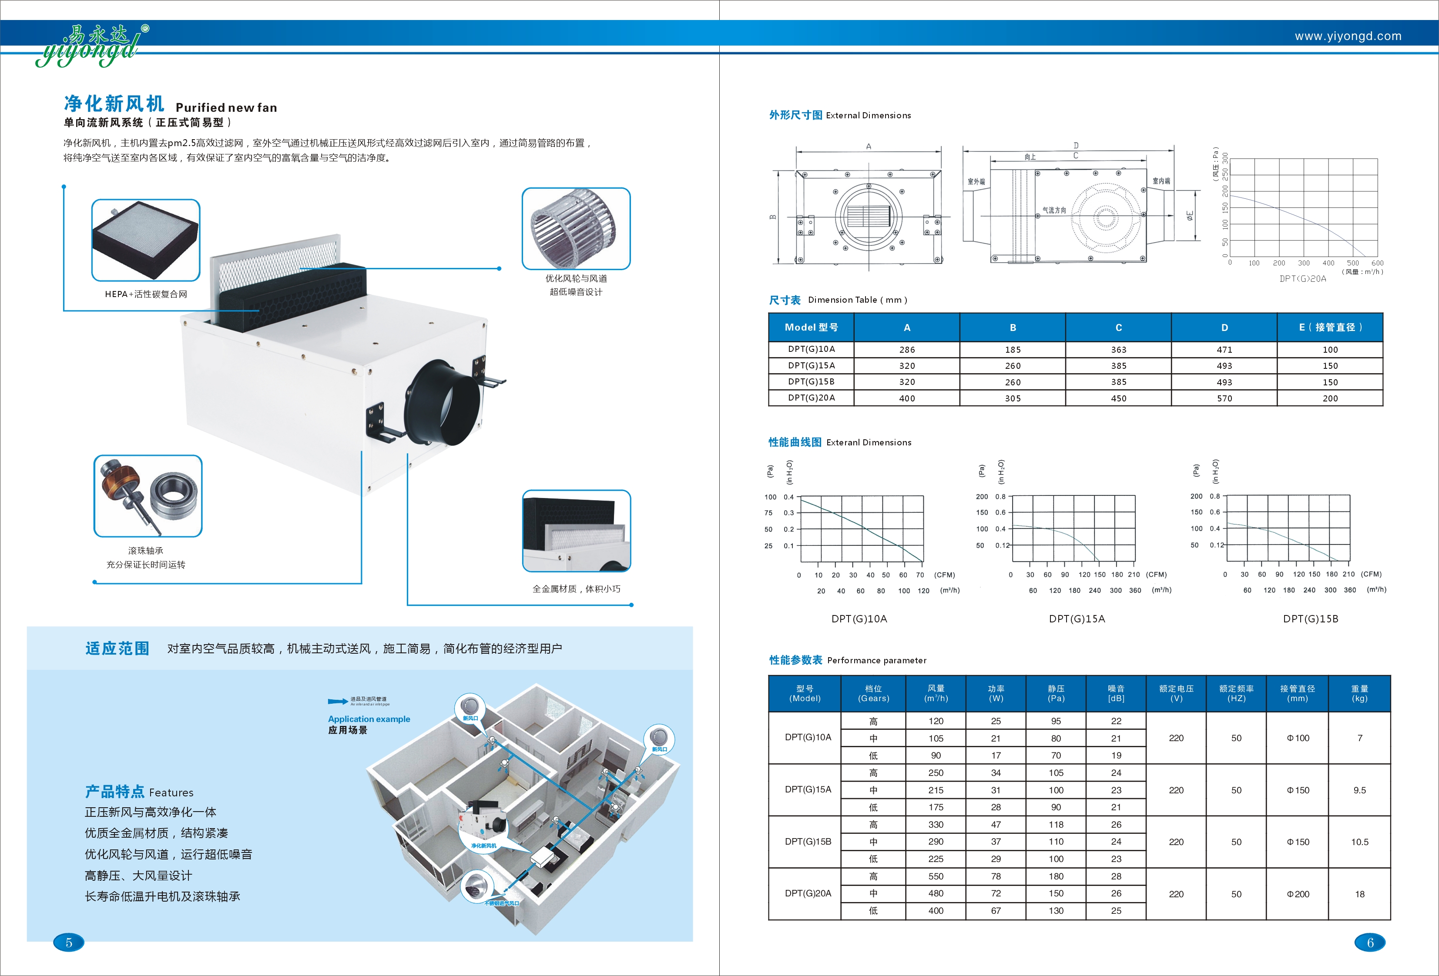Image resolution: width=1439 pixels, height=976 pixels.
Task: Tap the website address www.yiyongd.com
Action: tap(1348, 36)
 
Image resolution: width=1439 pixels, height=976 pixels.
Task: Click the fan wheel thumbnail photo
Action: tap(575, 228)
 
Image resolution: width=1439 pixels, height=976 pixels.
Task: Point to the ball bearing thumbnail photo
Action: tap(148, 496)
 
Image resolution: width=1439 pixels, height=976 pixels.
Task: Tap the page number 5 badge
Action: tap(69, 943)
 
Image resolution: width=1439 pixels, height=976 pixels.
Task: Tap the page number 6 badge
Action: tap(1370, 943)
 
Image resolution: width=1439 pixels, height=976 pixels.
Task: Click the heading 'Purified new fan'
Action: tap(226, 108)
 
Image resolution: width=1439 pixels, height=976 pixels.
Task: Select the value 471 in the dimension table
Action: tap(1224, 350)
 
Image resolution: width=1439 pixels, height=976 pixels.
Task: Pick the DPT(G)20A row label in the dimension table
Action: tap(811, 398)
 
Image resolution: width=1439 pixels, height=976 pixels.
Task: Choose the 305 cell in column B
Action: tap(1013, 398)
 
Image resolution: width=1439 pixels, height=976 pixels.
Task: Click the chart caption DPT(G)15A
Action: tap(1077, 619)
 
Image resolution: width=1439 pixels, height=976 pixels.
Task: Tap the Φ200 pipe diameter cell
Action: tap(1298, 894)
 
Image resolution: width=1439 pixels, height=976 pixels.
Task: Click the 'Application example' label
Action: tap(369, 719)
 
